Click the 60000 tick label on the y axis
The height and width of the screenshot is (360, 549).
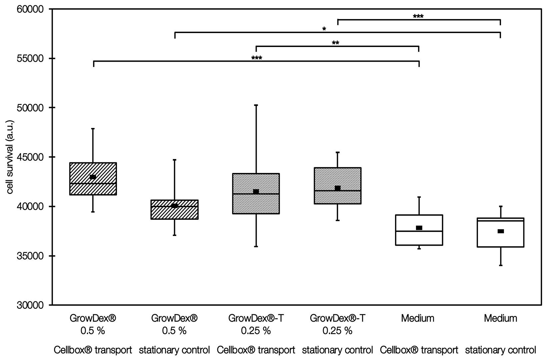click(31, 9)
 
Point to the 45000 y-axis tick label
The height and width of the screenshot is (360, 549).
click(31, 157)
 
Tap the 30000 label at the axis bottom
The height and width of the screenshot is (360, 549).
click(31, 305)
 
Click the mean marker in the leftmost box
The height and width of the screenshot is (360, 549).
click(93, 177)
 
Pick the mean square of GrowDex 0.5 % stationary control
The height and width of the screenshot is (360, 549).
click(175, 206)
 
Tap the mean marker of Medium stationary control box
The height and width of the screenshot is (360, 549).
click(501, 231)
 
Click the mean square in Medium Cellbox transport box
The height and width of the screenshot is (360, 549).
click(419, 228)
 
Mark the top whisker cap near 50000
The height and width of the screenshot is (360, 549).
click(256, 105)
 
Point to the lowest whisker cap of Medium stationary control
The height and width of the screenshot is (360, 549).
click(501, 265)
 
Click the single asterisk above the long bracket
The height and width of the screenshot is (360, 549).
click(324, 29)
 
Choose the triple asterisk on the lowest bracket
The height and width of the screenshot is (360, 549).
click(257, 58)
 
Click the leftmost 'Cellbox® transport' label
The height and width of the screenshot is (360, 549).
click(93, 350)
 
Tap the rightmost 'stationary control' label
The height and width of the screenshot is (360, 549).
click(501, 350)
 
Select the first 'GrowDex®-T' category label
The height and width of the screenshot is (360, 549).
click(256, 318)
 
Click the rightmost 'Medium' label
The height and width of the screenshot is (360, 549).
click(501, 318)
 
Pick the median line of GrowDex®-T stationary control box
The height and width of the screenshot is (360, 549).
click(338, 191)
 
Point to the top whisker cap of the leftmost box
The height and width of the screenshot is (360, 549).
click(93, 128)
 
